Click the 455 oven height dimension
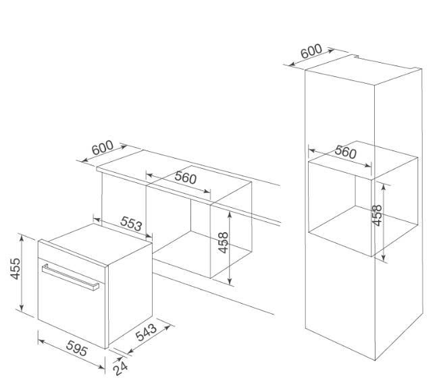tap(16, 269)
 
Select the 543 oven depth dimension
tap(146, 332)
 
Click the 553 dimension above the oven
tap(131, 223)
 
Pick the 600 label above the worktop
tap(103, 148)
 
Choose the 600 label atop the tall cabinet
tap(311, 51)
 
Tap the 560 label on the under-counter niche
tap(185, 178)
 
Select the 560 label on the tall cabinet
tap(346, 152)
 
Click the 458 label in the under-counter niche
tap(223, 242)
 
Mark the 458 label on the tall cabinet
tap(377, 215)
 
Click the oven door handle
tap(70, 277)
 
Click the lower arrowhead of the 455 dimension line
tap(22, 308)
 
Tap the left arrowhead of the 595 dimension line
tap(41, 342)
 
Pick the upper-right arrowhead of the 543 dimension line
tap(167, 327)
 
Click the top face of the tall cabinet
tap(363, 70)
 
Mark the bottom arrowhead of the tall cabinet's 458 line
tap(384, 258)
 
